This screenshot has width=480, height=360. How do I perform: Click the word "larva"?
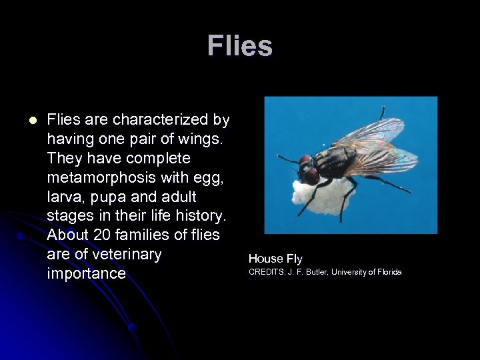pos(65,197)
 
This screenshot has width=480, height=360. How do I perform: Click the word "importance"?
pos(86,274)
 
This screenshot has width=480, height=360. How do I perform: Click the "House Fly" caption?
pos(275,258)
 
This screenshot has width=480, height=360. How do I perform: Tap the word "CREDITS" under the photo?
pos(265,273)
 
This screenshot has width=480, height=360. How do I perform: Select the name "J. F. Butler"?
pos(309,273)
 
